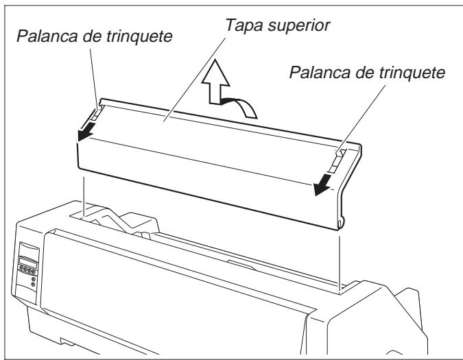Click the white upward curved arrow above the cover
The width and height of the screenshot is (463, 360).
227,95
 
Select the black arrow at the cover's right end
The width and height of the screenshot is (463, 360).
320,180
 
